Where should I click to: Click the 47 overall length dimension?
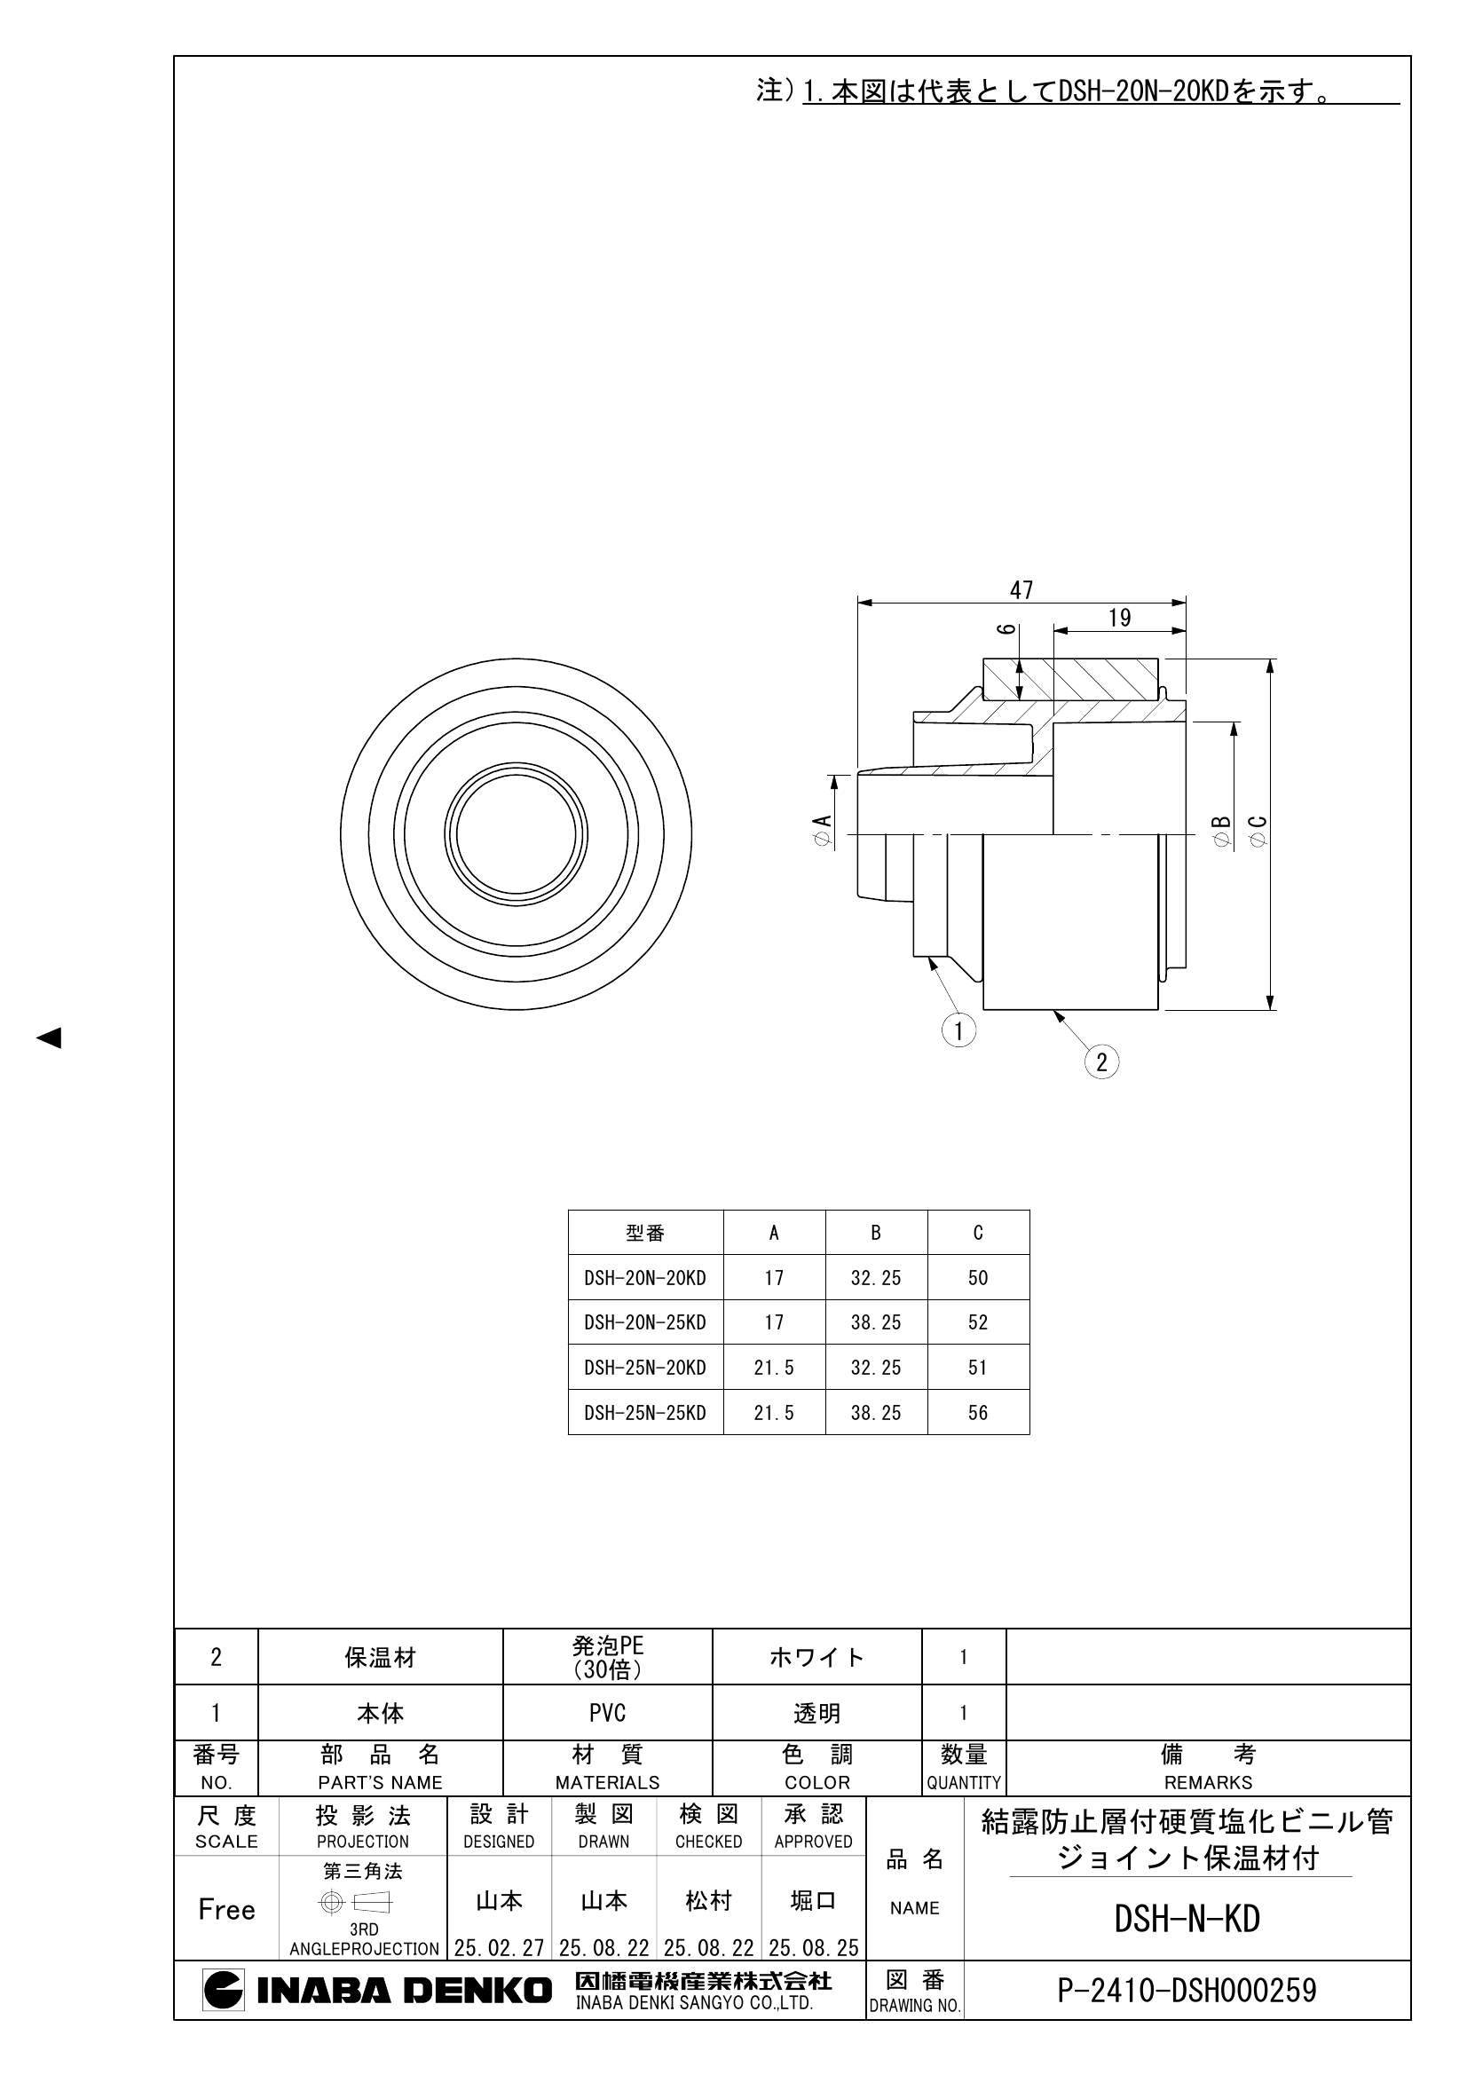click(1021, 590)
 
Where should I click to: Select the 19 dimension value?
click(1119, 619)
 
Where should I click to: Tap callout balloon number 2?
click(1101, 1061)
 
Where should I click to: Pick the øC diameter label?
click(1258, 831)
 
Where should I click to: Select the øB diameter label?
click(1221, 831)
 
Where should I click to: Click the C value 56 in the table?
click(977, 1413)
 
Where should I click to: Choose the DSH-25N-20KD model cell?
click(644, 1368)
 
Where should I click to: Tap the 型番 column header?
click(644, 1233)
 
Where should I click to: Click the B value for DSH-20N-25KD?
click(875, 1322)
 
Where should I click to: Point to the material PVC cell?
click(606, 1713)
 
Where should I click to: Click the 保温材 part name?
click(380, 1658)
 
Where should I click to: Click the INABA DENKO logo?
click(377, 1990)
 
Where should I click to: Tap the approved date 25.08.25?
click(813, 1947)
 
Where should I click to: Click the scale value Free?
click(226, 1910)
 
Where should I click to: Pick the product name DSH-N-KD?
click(1186, 1919)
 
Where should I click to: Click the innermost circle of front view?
click(517, 832)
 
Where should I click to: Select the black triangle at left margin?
click(49, 1037)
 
